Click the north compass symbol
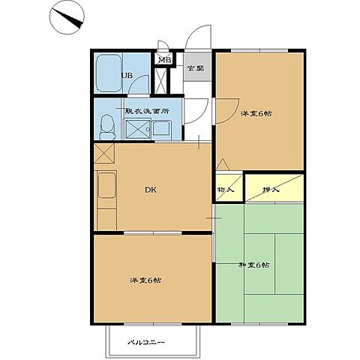pos(67,17)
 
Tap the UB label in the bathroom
pos(127,76)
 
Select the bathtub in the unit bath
pos(109,73)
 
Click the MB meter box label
pos(165,60)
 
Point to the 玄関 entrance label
pos(196,68)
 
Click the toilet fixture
pos(107,127)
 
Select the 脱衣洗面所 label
pos(147,111)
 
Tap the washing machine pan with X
pos(138,129)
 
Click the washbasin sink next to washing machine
pos(161,128)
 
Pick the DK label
pos(151,190)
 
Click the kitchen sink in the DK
pos(106,184)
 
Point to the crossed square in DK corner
pos(104,153)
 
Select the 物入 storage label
pos(226,190)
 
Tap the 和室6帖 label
pos(253,265)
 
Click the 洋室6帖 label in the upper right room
pos(256,114)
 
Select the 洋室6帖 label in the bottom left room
pos(145,280)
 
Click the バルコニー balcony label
pos(146,342)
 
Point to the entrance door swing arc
pos(196,31)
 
